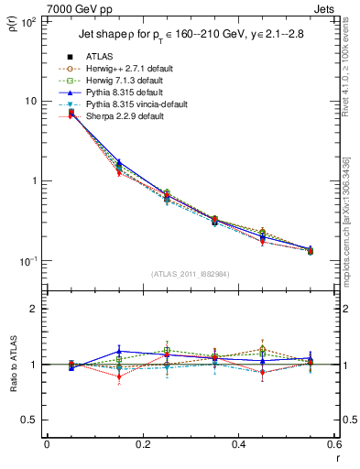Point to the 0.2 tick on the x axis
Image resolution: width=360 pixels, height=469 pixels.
tap(143, 445)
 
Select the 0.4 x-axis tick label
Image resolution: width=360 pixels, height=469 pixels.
tap(239, 445)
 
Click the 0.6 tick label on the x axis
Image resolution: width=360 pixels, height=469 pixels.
tap(334, 445)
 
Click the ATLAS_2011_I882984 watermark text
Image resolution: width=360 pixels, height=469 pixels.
tap(191, 274)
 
